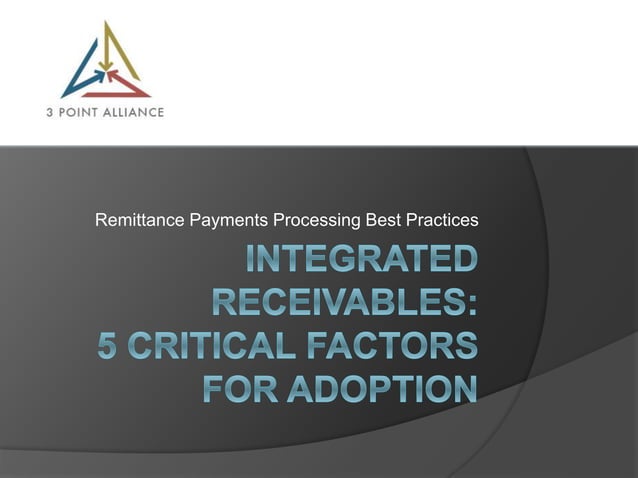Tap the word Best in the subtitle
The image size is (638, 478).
pyautogui.click(x=384, y=219)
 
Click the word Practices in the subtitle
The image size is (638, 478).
pyautogui.click(x=441, y=219)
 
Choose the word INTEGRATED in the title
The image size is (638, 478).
pyautogui.click(x=362, y=261)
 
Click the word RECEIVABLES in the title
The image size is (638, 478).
pyautogui.click(x=337, y=303)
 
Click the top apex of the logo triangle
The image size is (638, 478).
pyautogui.click(x=106, y=22)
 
